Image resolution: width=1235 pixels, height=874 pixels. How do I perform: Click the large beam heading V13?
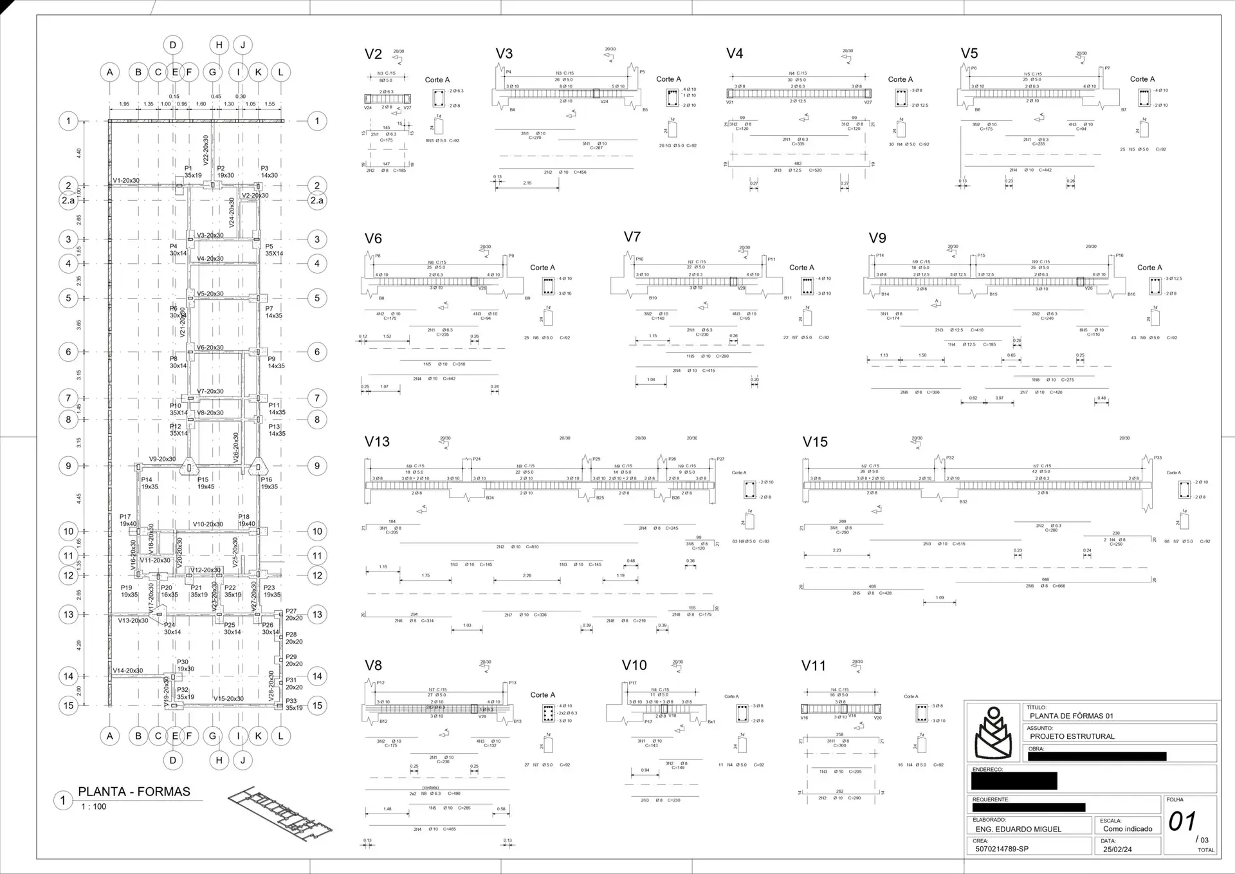click(x=377, y=442)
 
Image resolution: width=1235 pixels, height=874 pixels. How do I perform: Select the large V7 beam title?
click(x=632, y=237)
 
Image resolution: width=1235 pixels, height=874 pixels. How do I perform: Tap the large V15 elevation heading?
click(x=815, y=442)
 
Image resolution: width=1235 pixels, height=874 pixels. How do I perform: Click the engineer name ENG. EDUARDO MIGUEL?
click(x=1018, y=829)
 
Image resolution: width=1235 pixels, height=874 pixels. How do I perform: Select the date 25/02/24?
click(x=1117, y=849)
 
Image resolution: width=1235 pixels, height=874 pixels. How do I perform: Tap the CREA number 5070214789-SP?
click(x=1002, y=849)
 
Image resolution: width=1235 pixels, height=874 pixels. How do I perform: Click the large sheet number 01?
click(x=1182, y=822)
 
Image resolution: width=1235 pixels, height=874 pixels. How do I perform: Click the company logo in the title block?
click(x=993, y=733)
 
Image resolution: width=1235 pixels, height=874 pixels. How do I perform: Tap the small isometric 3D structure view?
click(x=280, y=812)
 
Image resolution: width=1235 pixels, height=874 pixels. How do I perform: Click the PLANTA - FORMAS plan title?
click(x=134, y=792)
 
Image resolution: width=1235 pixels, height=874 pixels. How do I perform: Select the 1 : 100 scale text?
click(x=93, y=806)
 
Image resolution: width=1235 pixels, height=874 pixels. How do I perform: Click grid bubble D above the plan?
click(x=172, y=45)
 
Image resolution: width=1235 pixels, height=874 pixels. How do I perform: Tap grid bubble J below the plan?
click(x=242, y=760)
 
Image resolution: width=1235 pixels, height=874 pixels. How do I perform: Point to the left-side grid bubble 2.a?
click(x=68, y=200)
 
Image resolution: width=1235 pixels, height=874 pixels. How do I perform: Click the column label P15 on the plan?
click(x=203, y=479)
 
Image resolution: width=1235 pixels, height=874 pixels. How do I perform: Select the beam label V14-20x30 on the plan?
click(x=128, y=670)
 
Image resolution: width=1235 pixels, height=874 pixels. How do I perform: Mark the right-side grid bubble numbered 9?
click(x=316, y=466)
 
